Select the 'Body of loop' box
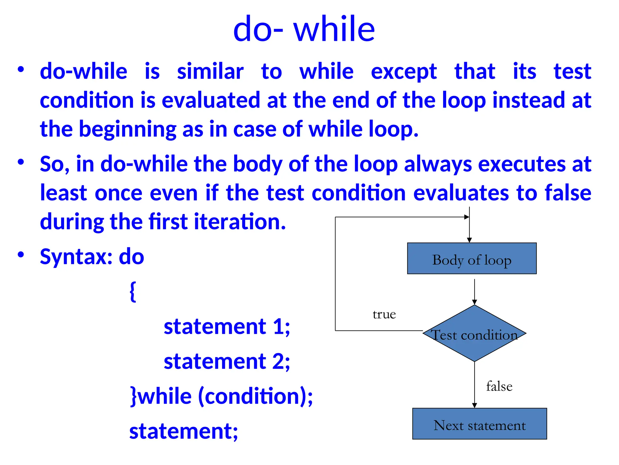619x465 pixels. [472, 259]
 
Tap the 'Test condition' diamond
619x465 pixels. [474, 334]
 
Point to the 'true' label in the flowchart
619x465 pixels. [384, 315]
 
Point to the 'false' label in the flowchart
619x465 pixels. [499, 387]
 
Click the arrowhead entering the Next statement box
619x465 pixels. [474, 405]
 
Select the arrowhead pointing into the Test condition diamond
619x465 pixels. [474, 302]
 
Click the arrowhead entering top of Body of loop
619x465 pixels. [469, 240]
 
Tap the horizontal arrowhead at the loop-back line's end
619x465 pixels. [467, 217]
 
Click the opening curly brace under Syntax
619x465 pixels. [133, 291]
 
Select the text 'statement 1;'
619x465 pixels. [227, 327]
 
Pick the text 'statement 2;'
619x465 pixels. [227, 361]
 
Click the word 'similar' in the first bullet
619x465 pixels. [210, 72]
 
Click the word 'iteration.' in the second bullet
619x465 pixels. [240, 222]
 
